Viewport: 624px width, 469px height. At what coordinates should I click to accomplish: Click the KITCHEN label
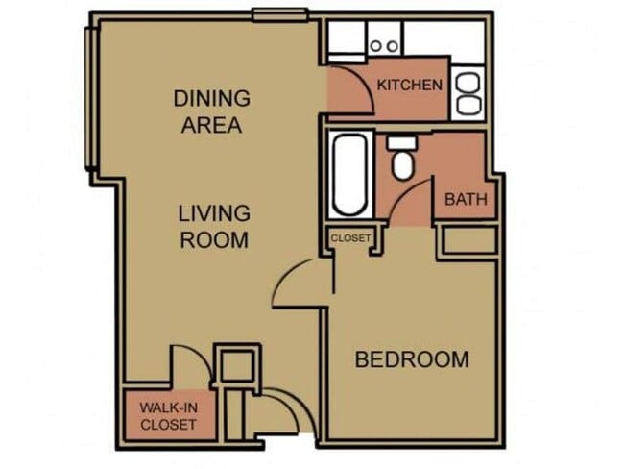(x=410, y=86)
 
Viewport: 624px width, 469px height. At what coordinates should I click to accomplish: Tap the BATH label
(x=467, y=201)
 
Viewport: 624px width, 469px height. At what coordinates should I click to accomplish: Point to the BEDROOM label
(x=412, y=360)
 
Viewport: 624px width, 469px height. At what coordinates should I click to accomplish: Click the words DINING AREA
(x=212, y=111)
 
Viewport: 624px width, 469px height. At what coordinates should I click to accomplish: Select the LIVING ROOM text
(x=214, y=226)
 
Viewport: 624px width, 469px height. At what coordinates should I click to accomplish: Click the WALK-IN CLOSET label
(x=169, y=415)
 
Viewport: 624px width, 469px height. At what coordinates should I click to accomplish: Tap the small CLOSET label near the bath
(x=350, y=238)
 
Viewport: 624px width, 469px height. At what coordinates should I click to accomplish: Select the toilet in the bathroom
(x=401, y=160)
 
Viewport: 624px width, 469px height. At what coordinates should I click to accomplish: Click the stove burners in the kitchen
(x=384, y=45)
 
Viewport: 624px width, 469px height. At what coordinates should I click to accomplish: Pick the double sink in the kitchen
(x=469, y=92)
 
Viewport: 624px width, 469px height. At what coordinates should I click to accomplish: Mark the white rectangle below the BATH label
(x=468, y=240)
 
